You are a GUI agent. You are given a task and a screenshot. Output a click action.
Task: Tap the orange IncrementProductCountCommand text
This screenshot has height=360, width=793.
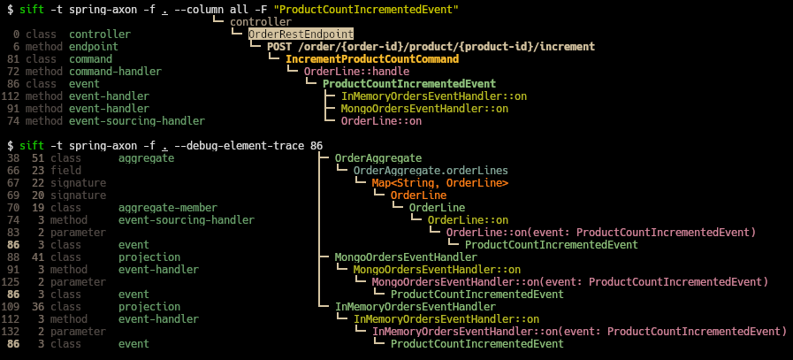[372, 58]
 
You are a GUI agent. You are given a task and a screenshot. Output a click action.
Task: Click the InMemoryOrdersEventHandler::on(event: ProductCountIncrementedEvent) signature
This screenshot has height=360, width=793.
[579, 331]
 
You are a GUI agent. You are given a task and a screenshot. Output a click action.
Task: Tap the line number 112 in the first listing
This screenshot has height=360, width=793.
[11, 96]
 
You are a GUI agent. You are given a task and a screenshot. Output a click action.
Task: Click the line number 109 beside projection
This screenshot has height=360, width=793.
[11, 306]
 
